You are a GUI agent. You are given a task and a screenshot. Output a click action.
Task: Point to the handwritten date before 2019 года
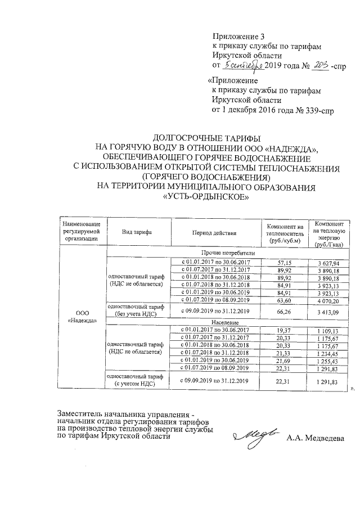point(244,66)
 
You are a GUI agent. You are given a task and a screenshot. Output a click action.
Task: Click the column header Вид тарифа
point(137,232)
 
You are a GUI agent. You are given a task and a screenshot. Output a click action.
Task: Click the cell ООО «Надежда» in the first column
point(83,317)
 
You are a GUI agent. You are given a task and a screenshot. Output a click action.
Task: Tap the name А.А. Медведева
point(315,438)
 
